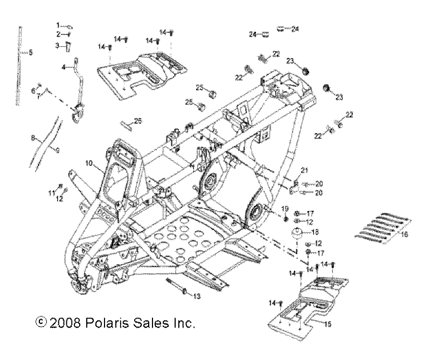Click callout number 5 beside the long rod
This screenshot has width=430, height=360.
pos(30,52)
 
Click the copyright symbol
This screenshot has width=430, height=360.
pos(39,323)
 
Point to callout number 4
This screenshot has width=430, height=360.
pos(63,67)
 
